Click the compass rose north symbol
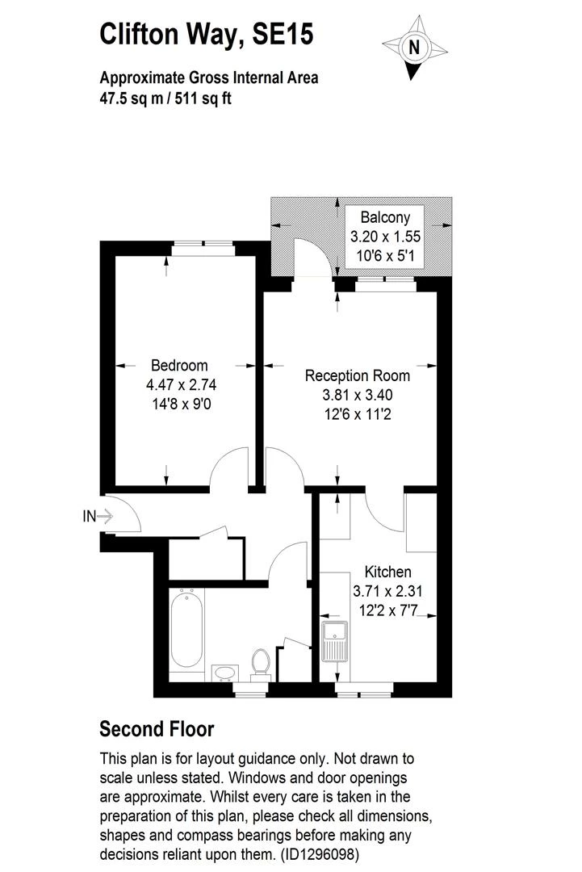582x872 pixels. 415,48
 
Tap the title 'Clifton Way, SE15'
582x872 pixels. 206,35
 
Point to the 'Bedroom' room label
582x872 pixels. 179,366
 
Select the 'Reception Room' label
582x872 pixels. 357,376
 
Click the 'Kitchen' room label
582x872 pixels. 387,572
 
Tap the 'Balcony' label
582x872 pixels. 385,217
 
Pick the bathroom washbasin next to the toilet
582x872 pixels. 224,672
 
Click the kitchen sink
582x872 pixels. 333,642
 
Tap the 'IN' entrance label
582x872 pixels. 89,515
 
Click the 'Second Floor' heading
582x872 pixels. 157,729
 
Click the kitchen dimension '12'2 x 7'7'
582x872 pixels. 387,610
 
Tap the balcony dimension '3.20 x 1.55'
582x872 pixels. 385,237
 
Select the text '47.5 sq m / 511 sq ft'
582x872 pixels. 165,99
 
